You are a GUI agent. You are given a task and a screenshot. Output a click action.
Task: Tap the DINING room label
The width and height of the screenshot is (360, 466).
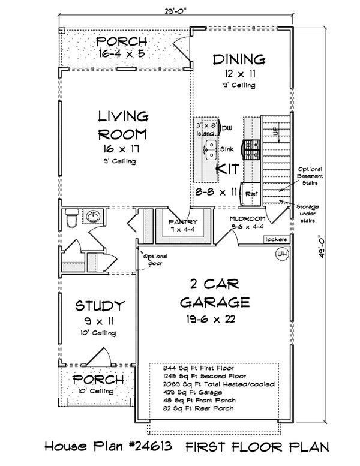(x=239, y=59)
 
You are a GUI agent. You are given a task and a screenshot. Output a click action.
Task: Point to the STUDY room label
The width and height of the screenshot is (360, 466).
(x=100, y=306)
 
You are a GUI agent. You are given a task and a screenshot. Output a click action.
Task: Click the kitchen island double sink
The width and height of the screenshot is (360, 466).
(x=211, y=149)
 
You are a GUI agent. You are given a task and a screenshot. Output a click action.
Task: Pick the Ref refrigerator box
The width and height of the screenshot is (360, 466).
(x=251, y=194)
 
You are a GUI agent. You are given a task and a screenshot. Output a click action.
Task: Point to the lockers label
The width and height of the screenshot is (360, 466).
(x=277, y=239)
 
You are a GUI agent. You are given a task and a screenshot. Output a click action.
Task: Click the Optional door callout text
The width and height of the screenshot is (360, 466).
(x=155, y=259)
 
